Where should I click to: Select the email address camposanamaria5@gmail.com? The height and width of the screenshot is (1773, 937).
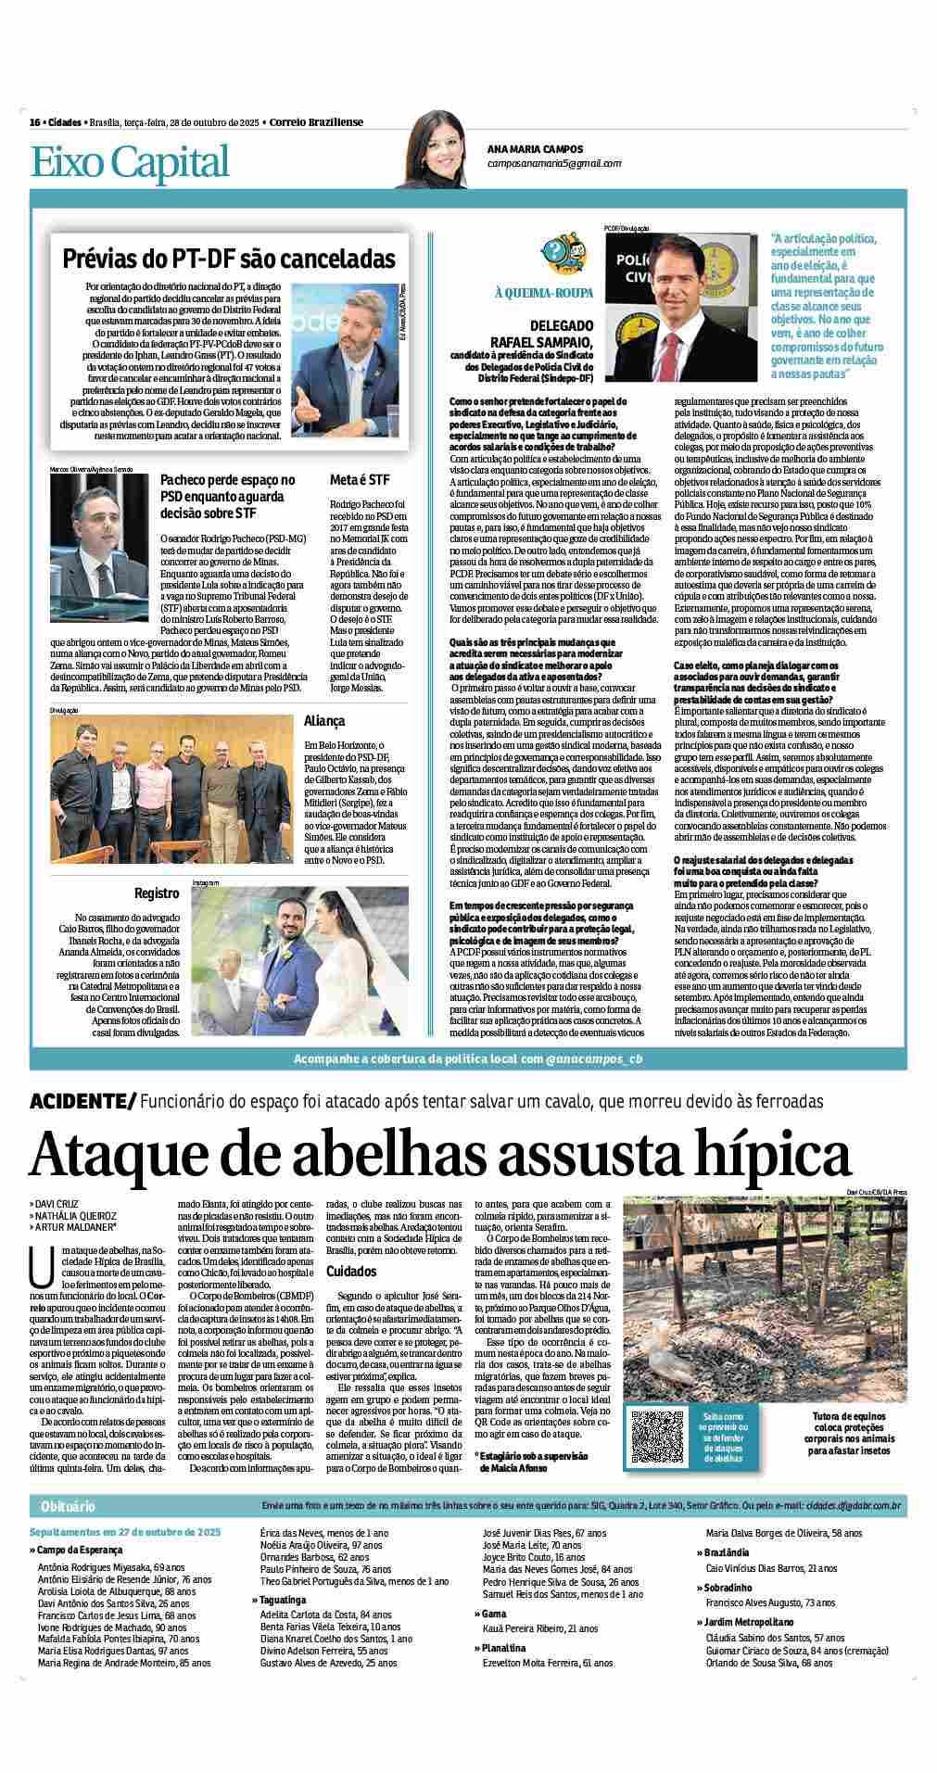click(554, 163)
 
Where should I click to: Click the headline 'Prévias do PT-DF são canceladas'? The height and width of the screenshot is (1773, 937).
click(228, 259)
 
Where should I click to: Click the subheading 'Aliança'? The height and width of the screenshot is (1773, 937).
click(324, 720)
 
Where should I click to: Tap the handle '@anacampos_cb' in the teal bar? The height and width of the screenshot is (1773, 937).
click(593, 1058)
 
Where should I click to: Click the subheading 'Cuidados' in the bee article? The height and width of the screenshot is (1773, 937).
click(351, 1272)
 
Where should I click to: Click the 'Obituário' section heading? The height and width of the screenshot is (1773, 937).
click(68, 1506)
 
